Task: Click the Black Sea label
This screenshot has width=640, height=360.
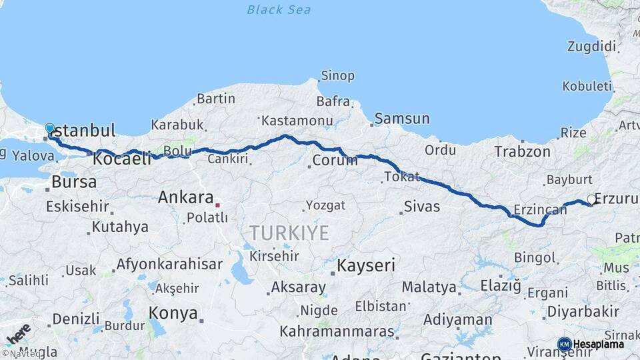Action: (x=279, y=9)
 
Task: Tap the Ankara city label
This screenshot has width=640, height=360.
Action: (x=185, y=197)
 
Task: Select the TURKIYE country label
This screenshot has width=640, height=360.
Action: (x=289, y=233)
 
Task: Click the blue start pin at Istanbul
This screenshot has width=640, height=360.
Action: (x=50, y=128)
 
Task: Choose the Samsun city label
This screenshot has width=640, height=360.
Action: (x=402, y=119)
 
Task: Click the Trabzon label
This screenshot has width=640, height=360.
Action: (x=522, y=152)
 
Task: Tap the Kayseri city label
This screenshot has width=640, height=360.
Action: (x=366, y=265)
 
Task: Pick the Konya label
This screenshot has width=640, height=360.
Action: (x=173, y=313)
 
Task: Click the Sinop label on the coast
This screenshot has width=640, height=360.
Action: (x=337, y=75)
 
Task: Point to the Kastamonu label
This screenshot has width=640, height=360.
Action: (x=297, y=121)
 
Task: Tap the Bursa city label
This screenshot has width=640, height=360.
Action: (x=74, y=181)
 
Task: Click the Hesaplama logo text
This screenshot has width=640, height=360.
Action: (x=598, y=344)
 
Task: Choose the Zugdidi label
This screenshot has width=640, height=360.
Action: (x=591, y=47)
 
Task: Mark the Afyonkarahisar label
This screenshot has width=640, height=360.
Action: (x=169, y=264)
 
